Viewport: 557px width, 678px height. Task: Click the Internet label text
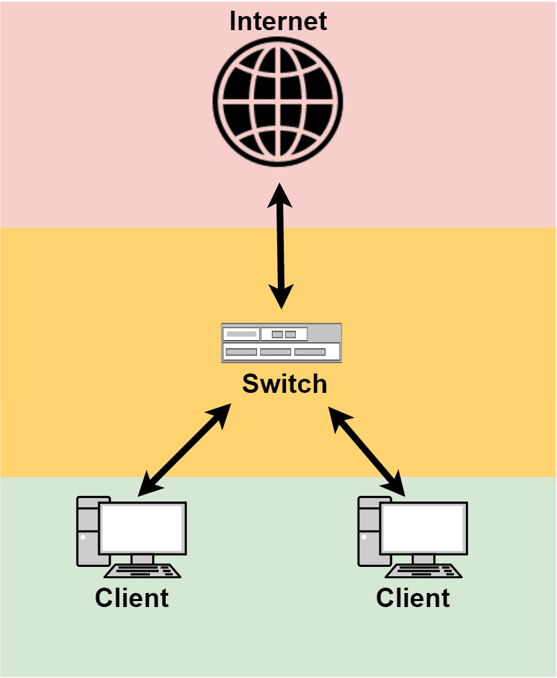[278, 21]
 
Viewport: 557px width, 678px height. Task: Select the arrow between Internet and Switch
[281, 248]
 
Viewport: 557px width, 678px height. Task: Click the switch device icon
[281, 343]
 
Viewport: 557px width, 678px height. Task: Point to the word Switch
[285, 384]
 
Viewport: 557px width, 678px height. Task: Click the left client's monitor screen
[142, 526]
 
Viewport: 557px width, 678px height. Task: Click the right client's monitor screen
[423, 526]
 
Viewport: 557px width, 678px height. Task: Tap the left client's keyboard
[143, 571]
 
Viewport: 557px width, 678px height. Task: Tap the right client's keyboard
[424, 571]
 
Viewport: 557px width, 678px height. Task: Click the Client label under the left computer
[132, 597]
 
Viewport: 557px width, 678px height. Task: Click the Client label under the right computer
[413, 597]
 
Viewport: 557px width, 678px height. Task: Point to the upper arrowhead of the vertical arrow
[279, 193]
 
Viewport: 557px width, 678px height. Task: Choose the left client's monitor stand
[142, 559]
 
